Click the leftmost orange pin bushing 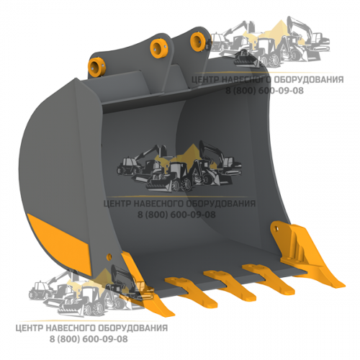96,68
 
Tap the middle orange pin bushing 159,49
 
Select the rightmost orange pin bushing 198,42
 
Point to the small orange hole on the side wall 109,256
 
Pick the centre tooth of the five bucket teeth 230,285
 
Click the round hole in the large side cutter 276,228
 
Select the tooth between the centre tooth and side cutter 268,278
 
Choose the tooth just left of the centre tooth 192,292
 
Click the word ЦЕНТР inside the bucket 117,204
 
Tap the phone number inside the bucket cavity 176,215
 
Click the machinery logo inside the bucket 179,168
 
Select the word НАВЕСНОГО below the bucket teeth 71,328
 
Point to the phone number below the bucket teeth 89,339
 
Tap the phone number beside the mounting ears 264,91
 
